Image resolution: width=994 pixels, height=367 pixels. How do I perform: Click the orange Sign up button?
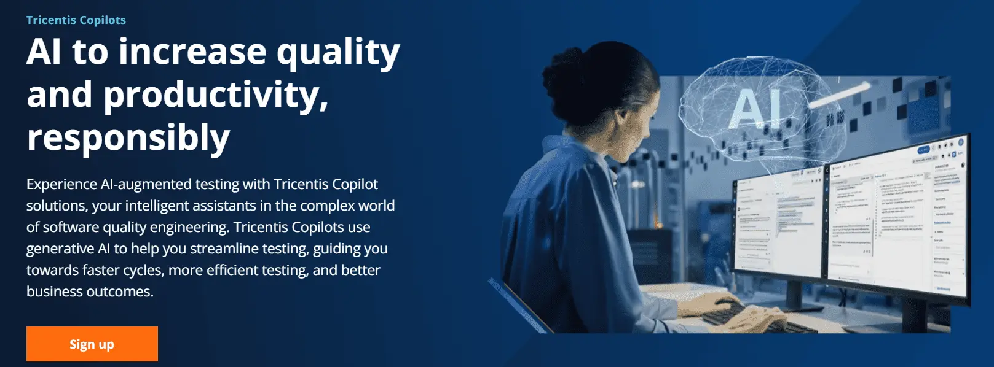(92, 344)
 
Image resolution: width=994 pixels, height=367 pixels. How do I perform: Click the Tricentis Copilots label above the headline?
(76, 20)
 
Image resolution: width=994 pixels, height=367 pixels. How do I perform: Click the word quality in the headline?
(337, 53)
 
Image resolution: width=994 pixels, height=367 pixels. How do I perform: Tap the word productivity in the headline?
(215, 96)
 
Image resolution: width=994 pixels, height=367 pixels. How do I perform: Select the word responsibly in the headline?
(128, 137)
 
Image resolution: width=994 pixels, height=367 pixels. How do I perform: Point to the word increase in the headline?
(192, 52)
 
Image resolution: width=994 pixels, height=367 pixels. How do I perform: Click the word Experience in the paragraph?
(62, 184)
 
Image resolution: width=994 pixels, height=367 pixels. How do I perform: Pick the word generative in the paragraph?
(60, 249)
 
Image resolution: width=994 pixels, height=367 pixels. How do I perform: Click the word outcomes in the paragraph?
(120, 292)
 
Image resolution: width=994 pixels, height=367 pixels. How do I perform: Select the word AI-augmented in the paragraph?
(147, 184)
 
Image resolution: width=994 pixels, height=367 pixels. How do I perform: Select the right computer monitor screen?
(894, 221)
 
